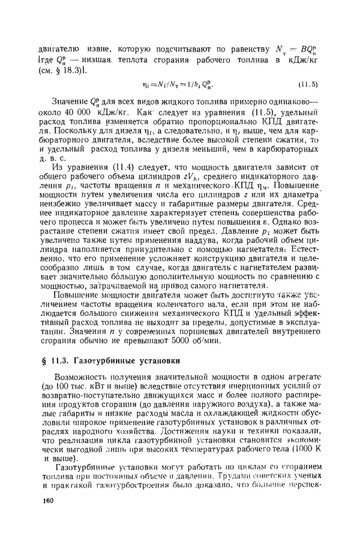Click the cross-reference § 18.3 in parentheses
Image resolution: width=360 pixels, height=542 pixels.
68,70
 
